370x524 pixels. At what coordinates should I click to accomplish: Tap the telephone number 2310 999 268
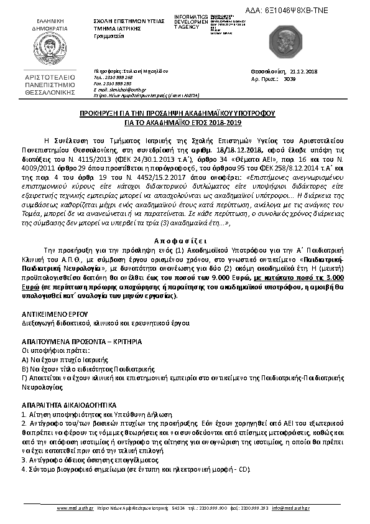[121, 77]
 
